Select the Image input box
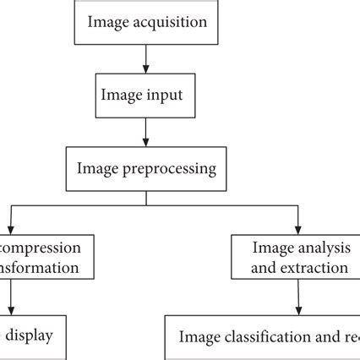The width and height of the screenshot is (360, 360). (x=146, y=95)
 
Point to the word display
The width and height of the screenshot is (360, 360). (x=30, y=335)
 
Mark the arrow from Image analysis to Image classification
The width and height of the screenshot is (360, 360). (x=297, y=297)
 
